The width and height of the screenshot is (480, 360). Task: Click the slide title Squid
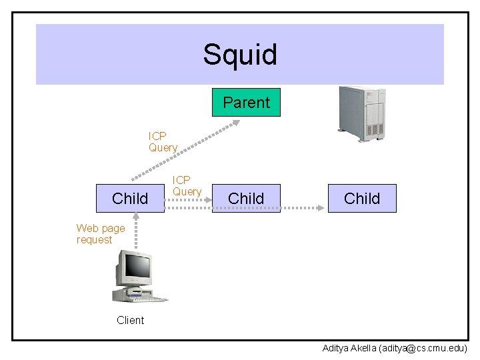[x=240, y=55]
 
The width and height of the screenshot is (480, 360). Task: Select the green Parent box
[x=246, y=102]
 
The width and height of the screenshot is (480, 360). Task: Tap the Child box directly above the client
[x=130, y=198]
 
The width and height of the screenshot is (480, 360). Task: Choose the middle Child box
[x=246, y=198]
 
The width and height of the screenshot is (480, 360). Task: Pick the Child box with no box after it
[x=362, y=198]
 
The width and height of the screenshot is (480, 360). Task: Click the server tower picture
[x=362, y=114]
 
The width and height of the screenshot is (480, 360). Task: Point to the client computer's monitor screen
[x=138, y=265]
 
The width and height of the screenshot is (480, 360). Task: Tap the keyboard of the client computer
[x=147, y=299]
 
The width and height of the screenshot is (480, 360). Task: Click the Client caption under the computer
[x=131, y=320]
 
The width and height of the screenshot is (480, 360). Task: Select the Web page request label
[x=101, y=233]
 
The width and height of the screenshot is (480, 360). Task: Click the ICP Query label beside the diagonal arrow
[x=163, y=141]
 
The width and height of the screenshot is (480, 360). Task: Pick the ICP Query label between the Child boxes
[x=187, y=185]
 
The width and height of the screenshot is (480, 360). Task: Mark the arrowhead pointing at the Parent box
[x=236, y=123]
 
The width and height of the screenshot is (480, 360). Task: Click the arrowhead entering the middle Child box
[x=208, y=200]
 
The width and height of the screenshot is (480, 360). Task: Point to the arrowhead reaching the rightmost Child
[x=320, y=208]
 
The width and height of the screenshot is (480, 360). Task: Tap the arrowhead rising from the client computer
[x=136, y=216]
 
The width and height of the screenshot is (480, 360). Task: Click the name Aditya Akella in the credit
[x=349, y=349]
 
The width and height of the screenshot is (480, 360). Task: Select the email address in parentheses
[x=423, y=349]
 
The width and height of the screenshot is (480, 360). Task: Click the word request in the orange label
[x=94, y=240]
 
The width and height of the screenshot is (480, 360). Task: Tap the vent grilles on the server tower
[x=375, y=129]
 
